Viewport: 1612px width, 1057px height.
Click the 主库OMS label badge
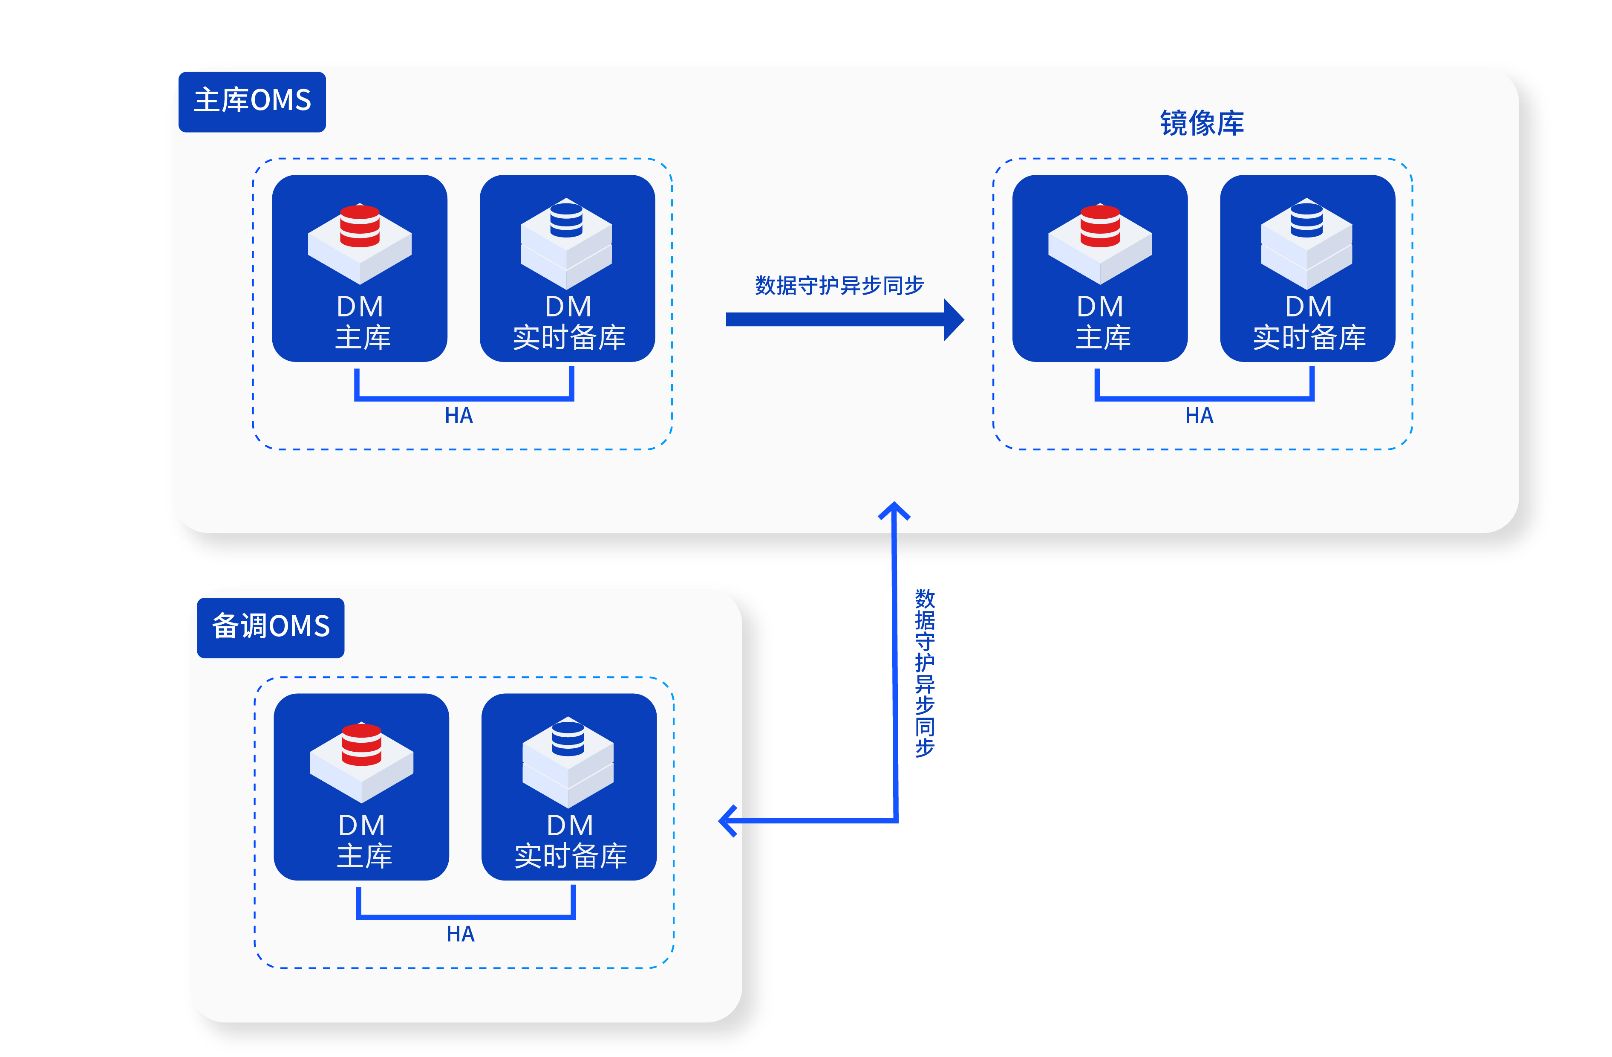point(252,101)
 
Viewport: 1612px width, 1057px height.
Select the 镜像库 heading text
point(1202,123)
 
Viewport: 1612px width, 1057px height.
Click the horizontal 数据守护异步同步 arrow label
point(839,285)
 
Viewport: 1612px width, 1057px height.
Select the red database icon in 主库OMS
point(360,226)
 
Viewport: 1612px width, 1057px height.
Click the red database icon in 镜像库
point(1100,226)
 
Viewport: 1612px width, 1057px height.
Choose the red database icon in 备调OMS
point(362,744)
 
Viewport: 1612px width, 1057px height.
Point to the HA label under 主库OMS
point(459,415)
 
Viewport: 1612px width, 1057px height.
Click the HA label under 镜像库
point(1199,415)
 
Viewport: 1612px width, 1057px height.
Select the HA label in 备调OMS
point(461,934)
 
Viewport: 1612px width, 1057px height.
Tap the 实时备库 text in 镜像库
point(1309,337)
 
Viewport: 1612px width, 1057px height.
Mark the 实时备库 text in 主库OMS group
point(569,337)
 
